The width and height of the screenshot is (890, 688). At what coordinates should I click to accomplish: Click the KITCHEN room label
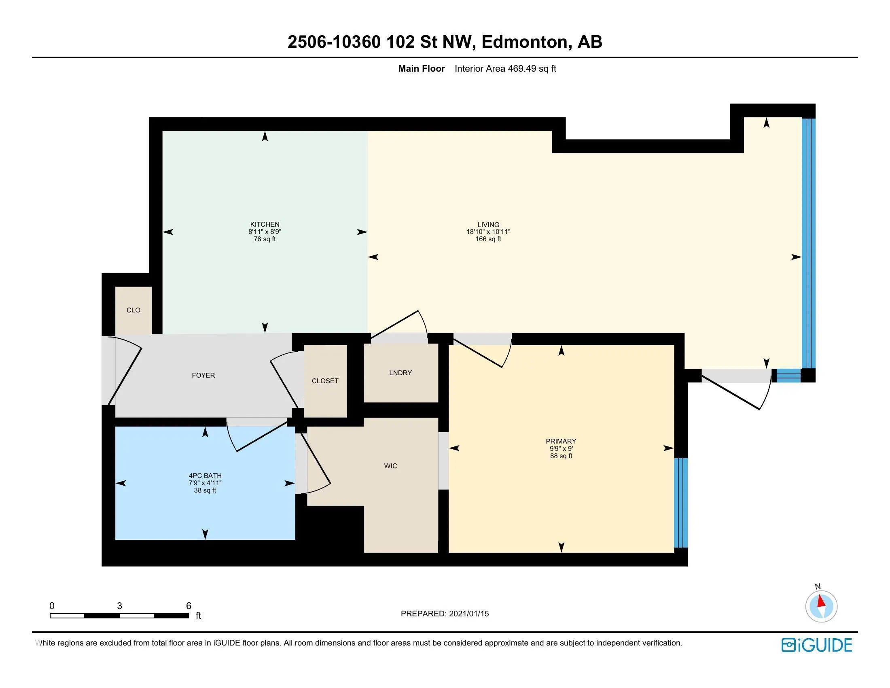click(x=265, y=224)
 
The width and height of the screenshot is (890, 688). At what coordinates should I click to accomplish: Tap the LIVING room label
click(x=488, y=225)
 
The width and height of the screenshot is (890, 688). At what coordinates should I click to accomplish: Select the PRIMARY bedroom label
click(x=561, y=441)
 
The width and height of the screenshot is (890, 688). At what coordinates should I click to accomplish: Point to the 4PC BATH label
click(x=205, y=475)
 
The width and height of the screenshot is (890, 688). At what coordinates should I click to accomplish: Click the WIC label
click(x=390, y=466)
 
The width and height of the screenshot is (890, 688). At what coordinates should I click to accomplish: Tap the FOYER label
click(x=203, y=376)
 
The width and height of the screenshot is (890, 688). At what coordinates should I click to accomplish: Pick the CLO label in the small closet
click(x=133, y=310)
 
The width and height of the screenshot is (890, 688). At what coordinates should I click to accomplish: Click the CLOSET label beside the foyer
click(x=325, y=381)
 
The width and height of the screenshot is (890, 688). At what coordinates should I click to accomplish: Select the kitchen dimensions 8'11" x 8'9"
click(x=265, y=231)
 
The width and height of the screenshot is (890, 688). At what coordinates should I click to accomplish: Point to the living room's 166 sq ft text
click(x=488, y=239)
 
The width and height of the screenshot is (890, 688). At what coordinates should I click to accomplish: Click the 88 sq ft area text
click(x=561, y=456)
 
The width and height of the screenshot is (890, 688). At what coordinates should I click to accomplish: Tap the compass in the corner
click(x=821, y=606)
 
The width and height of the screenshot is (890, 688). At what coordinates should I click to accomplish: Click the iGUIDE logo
click(x=817, y=645)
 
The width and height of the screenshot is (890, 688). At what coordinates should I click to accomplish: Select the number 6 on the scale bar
click(x=189, y=606)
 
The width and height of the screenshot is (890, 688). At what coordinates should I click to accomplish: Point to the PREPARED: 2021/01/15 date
click(x=445, y=614)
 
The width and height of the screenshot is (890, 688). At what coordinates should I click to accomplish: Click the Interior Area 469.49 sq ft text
click(x=505, y=68)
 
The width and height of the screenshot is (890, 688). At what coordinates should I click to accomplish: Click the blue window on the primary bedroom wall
click(x=680, y=503)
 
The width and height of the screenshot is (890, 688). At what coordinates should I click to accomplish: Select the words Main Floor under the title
click(x=422, y=68)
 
